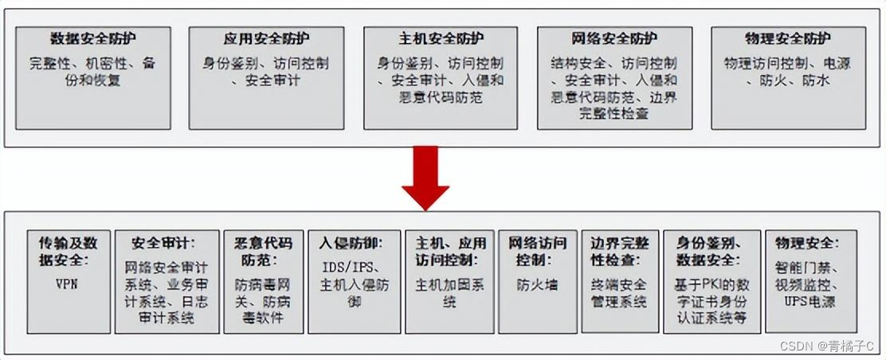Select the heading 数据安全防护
(92, 38)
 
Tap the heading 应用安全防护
(266, 38)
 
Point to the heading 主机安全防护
(441, 38)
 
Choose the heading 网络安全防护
(614, 38)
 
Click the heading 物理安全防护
(787, 38)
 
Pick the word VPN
(69, 284)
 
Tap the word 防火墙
(532, 284)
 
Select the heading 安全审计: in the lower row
(163, 242)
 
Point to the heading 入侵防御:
(354, 242)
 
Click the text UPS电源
(806, 301)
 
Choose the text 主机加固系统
(449, 292)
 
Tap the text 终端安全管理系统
(618, 292)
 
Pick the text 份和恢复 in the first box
(92, 80)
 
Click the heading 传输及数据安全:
(69, 250)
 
